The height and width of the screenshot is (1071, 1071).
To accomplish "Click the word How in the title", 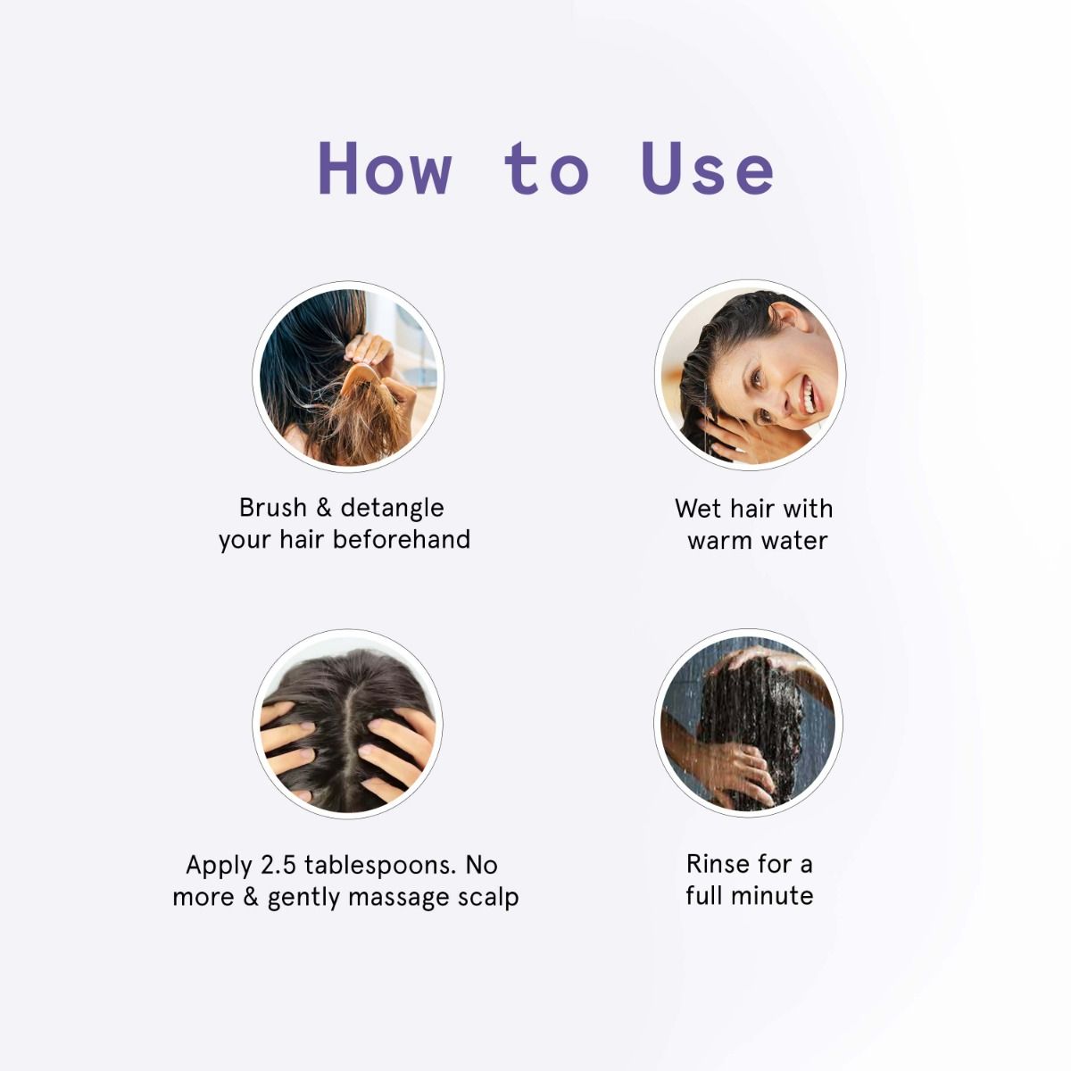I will pyautogui.click(x=385, y=168).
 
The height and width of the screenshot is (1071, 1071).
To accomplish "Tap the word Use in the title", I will pyautogui.click(x=707, y=168).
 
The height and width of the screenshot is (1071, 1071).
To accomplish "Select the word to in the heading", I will pyautogui.click(x=546, y=168).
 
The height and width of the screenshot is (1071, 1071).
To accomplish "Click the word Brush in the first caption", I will pyautogui.click(x=272, y=508).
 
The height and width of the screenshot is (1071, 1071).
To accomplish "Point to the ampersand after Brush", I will pyautogui.click(x=323, y=508).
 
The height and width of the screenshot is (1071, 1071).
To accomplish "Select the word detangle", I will pyautogui.click(x=392, y=508).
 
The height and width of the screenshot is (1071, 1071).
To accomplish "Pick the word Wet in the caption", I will pyautogui.click(x=698, y=509).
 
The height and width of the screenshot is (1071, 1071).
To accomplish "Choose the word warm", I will pyautogui.click(x=719, y=541).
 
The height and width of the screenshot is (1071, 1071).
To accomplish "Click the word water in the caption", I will pyautogui.click(x=793, y=541).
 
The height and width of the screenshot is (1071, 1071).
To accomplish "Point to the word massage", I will pyautogui.click(x=400, y=897).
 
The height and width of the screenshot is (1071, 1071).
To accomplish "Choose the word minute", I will pyautogui.click(x=774, y=896).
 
